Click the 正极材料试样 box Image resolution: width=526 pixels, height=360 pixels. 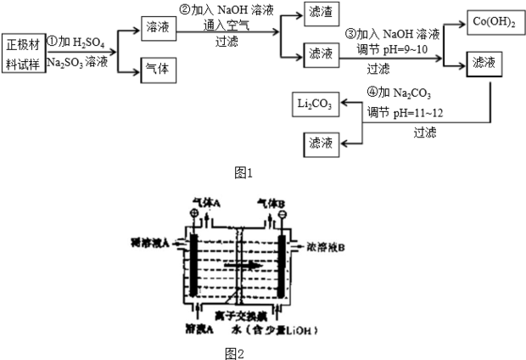click(22, 53)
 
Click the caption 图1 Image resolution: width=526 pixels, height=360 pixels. click(243, 173)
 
